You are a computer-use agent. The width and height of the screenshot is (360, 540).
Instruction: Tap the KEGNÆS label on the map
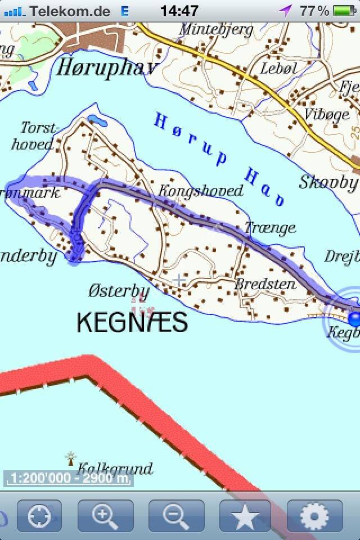tap(132, 322)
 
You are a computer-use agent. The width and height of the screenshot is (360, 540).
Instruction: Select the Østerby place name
tap(119, 291)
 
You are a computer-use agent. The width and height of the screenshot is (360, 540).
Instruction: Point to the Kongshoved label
tap(200, 191)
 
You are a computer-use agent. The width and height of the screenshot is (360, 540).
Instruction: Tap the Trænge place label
tap(270, 227)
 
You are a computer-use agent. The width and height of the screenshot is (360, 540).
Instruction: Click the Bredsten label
tap(265, 283)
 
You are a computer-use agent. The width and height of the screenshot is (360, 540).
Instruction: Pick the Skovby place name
tap(328, 182)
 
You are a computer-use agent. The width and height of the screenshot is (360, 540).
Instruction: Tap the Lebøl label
tap(278, 68)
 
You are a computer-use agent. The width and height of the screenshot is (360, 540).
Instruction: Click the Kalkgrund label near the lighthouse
tap(115, 468)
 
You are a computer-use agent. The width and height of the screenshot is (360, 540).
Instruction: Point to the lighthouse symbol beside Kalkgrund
tap(71, 458)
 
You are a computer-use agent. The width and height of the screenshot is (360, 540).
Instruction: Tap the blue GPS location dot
tap(355, 319)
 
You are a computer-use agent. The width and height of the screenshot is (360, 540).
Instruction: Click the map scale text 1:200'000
tap(67, 479)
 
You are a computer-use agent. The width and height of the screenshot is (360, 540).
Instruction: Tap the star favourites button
tap(245, 516)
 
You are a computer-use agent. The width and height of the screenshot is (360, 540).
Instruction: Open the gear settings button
tap(315, 516)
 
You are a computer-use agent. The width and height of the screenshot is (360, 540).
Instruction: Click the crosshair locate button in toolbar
tap(39, 516)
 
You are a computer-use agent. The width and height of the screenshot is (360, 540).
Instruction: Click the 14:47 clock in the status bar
tap(179, 11)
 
